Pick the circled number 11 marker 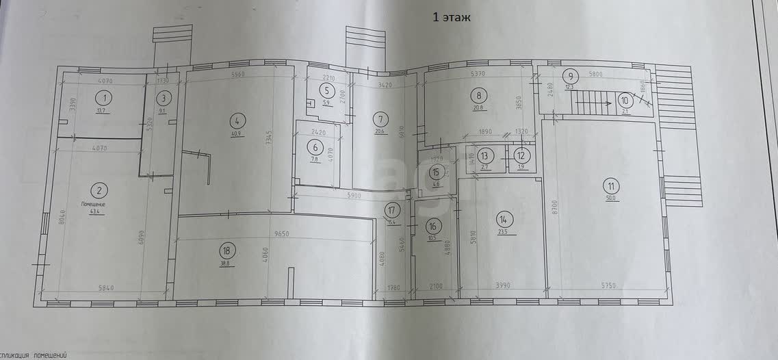[x=610, y=184]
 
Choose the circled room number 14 [x=504, y=219]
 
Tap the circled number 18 [x=227, y=252]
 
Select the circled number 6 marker [x=315, y=147]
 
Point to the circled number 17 [x=391, y=210]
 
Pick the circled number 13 [x=485, y=155]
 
